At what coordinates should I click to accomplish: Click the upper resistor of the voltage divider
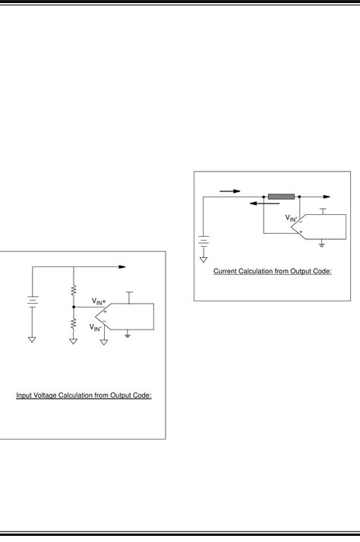(x=74, y=290)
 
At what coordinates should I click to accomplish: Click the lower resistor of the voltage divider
(x=74, y=323)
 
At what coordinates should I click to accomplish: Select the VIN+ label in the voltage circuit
(x=99, y=301)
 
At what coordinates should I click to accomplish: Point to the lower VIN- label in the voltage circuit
(x=98, y=327)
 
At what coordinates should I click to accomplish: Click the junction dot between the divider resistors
(x=74, y=307)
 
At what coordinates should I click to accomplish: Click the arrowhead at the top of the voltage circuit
(x=121, y=267)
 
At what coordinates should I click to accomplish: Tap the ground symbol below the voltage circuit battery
(x=32, y=340)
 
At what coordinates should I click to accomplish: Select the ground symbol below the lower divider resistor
(x=74, y=340)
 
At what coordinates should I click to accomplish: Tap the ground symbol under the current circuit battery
(x=203, y=260)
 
